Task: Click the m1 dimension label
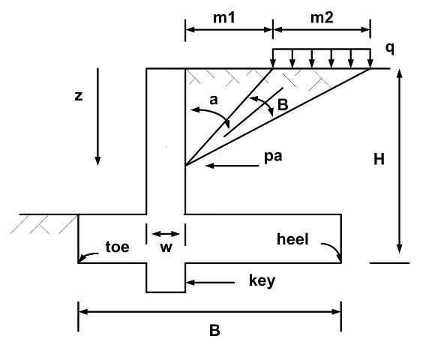(x=224, y=18)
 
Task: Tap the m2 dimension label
(x=322, y=18)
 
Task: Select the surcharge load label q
(x=390, y=49)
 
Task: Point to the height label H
(x=379, y=160)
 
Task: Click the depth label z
(x=79, y=96)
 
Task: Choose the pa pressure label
(x=273, y=157)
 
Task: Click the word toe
(x=117, y=247)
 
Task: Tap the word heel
(x=292, y=239)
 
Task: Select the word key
(x=262, y=280)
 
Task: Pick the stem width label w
(x=166, y=247)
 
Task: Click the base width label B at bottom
(x=214, y=330)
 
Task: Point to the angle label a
(x=214, y=100)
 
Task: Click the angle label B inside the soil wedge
(x=283, y=105)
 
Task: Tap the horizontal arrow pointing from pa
(x=232, y=166)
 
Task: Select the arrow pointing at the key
(x=210, y=283)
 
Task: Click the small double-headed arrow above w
(x=166, y=234)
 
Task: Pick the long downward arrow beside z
(x=97, y=116)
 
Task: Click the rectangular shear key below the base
(x=166, y=277)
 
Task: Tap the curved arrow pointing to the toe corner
(x=88, y=256)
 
